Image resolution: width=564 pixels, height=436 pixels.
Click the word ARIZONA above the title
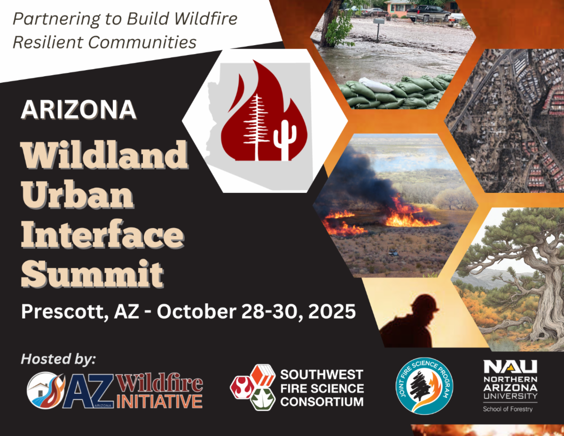pyautogui.click(x=79, y=110)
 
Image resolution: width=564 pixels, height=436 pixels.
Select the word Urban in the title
pyautogui.click(x=77, y=194)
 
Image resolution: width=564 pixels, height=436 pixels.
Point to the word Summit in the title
pyautogui.click(x=93, y=274)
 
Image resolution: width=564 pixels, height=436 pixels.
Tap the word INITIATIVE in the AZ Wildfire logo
pyautogui.click(x=160, y=401)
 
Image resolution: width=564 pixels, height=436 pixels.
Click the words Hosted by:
pyautogui.click(x=58, y=360)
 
